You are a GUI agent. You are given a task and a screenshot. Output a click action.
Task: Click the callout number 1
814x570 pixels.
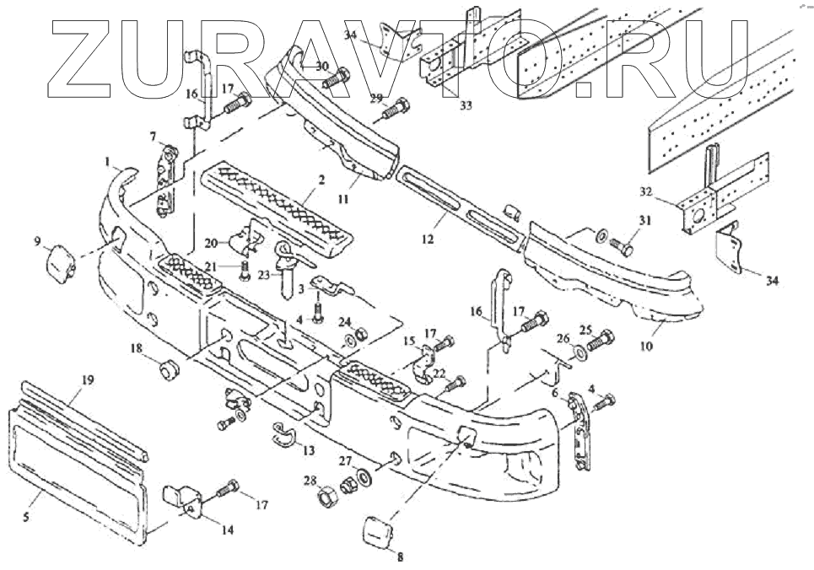click(x=108, y=159)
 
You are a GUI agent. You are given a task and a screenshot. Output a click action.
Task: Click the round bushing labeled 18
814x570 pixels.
click(x=168, y=369)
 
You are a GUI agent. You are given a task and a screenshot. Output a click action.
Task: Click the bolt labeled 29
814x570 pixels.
click(x=396, y=109)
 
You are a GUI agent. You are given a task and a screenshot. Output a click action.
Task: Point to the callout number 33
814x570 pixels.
click(x=466, y=105)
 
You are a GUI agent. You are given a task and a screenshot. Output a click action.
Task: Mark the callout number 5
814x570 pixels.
click(x=27, y=518)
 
